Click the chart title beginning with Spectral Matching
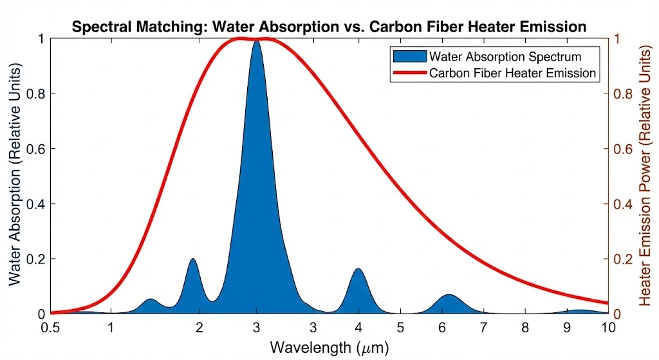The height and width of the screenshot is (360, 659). (x=329, y=27)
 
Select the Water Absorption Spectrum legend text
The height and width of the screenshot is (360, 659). (x=505, y=57)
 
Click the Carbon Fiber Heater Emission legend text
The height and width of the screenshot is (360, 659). (x=512, y=73)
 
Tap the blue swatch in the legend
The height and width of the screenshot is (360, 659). (x=409, y=57)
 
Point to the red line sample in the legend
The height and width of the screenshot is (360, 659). (x=409, y=73)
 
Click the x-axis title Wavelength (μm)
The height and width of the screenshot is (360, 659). (x=329, y=348)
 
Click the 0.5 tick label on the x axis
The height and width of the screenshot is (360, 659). (x=50, y=327)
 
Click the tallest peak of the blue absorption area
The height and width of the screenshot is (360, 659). (x=257, y=43)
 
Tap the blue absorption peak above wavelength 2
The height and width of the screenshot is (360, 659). (x=192, y=261)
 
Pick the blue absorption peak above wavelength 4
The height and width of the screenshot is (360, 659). (x=358, y=270)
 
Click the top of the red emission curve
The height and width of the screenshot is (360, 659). (x=241, y=39)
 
